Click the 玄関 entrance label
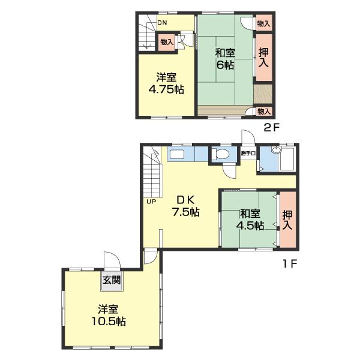(112, 280)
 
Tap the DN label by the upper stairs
(162, 23)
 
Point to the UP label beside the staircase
(151, 202)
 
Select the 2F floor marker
(271, 127)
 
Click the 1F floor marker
(290, 263)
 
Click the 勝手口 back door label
(248, 154)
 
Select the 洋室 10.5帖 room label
(109, 315)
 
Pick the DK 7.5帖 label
(186, 206)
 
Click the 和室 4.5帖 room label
(250, 220)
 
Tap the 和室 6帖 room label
(225, 59)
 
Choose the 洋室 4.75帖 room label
(166, 83)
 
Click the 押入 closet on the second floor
(264, 58)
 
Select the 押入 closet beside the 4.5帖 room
(288, 219)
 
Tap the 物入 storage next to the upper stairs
(167, 42)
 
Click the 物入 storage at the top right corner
(264, 23)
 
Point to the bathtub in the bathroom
(287, 159)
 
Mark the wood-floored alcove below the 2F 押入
(263, 94)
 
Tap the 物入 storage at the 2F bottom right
(264, 112)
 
